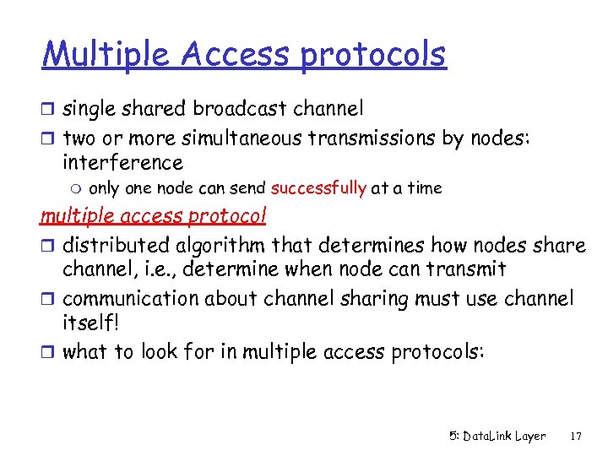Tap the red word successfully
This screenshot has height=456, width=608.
[318, 188]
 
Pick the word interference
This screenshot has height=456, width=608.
[122, 162]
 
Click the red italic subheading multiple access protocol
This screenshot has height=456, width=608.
[154, 216]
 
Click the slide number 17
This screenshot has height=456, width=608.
[576, 437]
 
